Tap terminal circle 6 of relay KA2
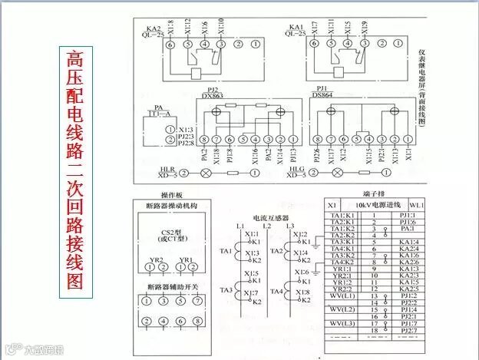[170, 47]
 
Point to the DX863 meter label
[213, 96]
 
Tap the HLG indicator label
[296, 169]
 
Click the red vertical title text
[74, 169]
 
